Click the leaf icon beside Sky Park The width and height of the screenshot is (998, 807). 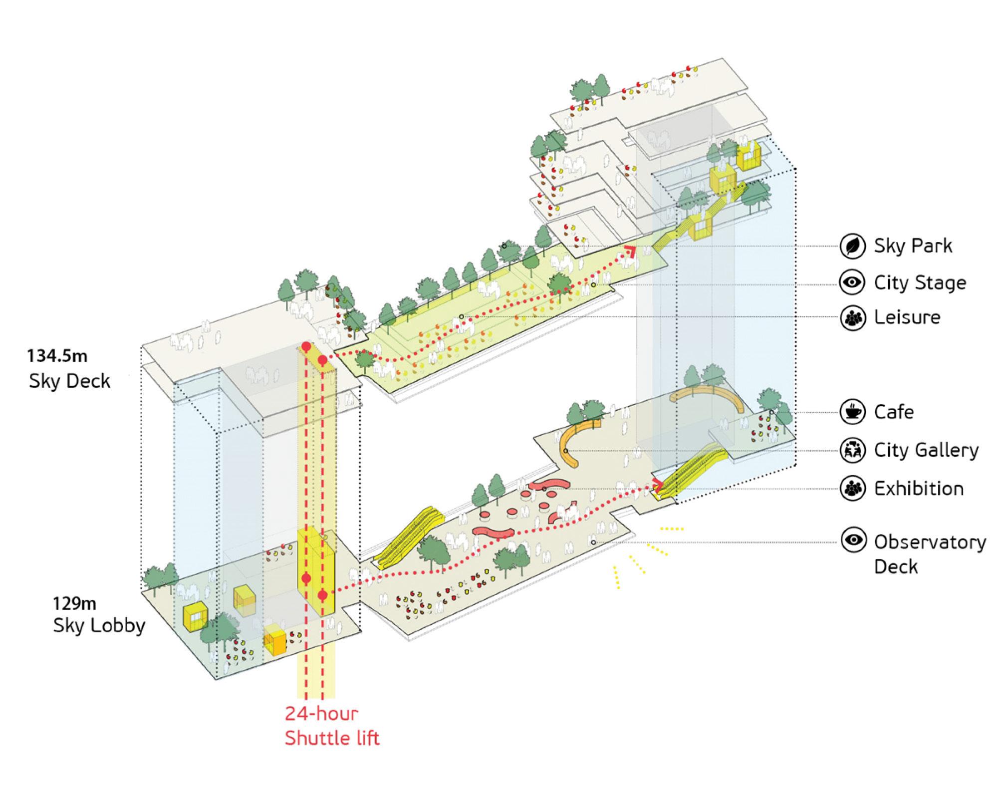point(852,246)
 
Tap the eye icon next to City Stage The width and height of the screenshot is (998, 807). point(852,282)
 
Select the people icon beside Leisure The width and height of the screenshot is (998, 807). point(852,317)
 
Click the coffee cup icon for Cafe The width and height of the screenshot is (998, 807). point(852,412)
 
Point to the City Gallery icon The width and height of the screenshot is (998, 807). point(852,450)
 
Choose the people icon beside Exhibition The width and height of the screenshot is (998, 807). point(852,488)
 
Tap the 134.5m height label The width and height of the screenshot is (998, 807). point(57,356)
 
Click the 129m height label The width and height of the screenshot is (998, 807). point(74,603)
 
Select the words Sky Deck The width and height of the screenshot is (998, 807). point(69,381)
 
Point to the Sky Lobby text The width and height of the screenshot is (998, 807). point(99,626)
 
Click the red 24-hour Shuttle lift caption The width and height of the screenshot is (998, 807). point(332,726)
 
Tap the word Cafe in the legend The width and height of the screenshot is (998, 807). point(894,412)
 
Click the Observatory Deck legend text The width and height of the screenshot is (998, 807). point(929,554)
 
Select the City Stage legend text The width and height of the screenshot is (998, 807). point(920,283)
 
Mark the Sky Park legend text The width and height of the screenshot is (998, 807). point(913,246)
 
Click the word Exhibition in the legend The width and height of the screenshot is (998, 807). point(919,489)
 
